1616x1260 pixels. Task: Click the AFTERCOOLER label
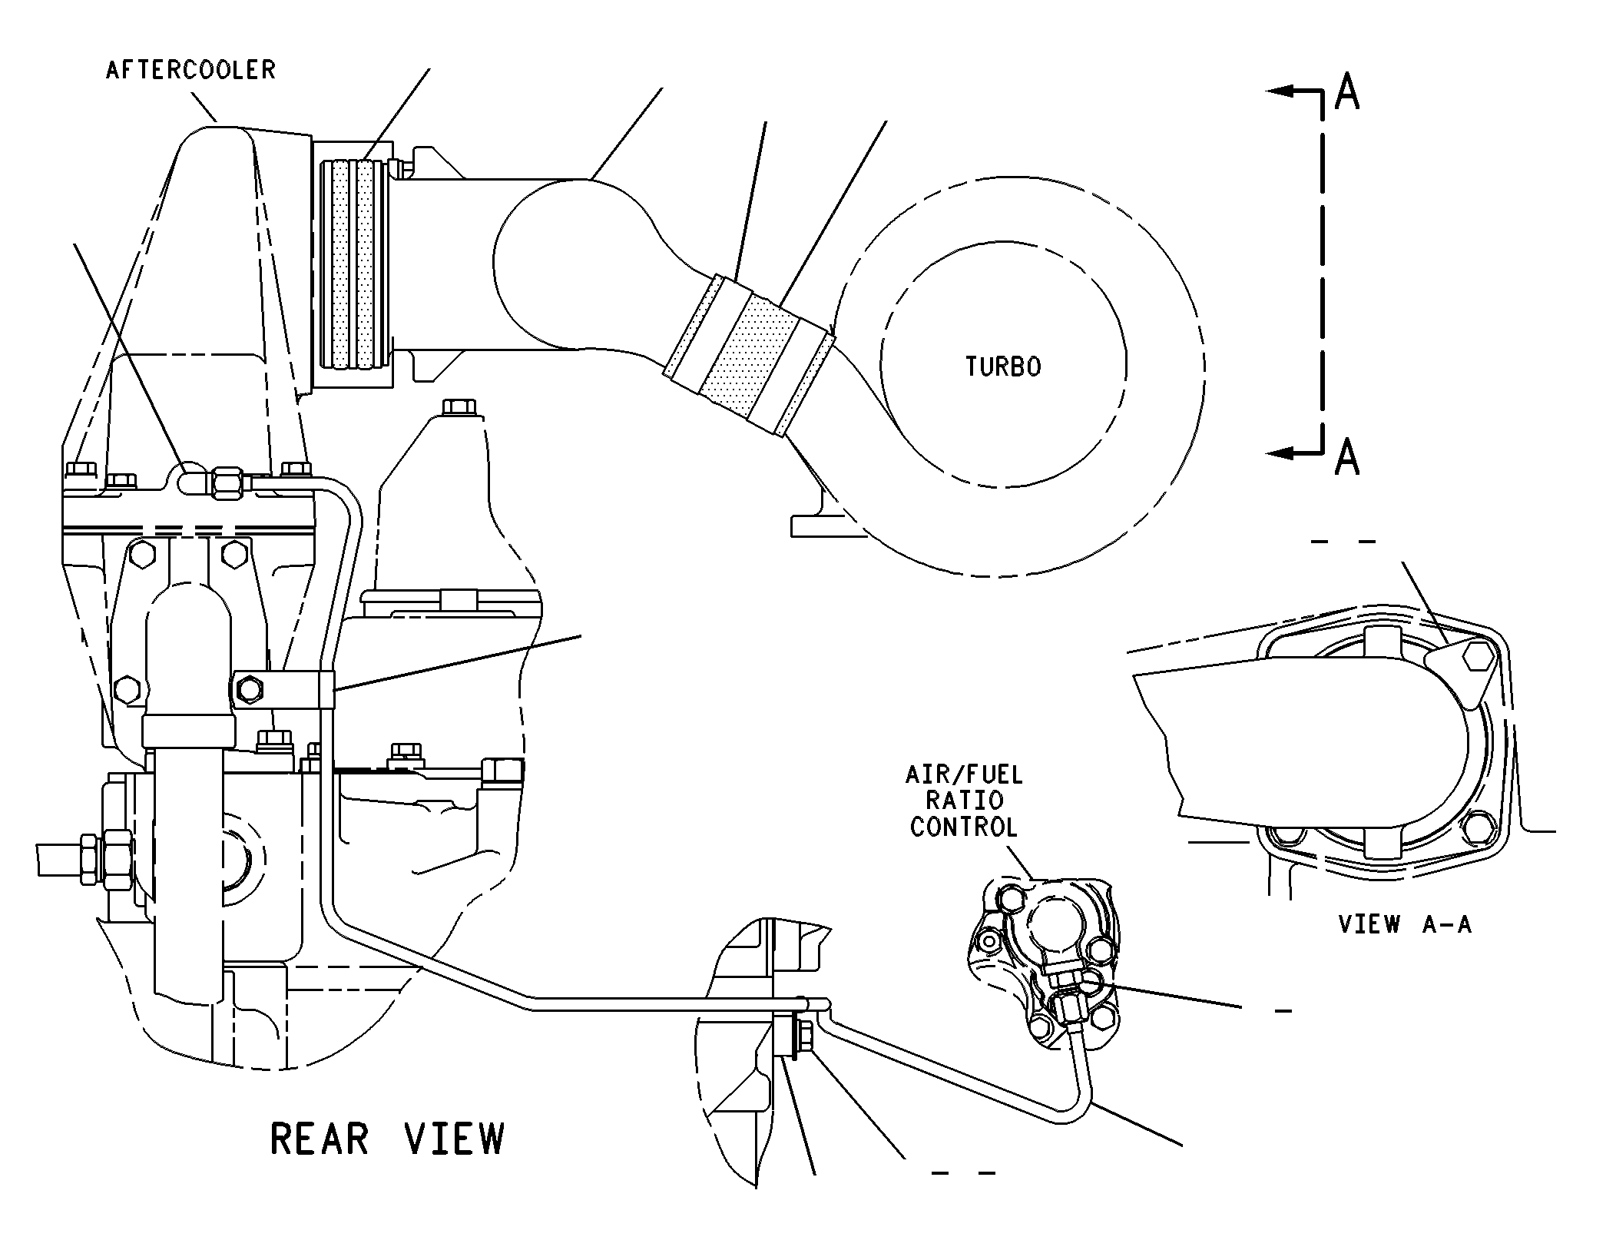[x=190, y=70]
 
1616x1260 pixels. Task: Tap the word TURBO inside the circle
[x=1003, y=366]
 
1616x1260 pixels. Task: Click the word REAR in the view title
[x=320, y=1139]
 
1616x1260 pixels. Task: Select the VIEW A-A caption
[x=1405, y=923]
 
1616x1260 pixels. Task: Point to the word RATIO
[x=964, y=800]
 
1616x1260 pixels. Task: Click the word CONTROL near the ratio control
[x=964, y=827]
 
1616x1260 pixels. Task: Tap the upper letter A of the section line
[x=1347, y=91]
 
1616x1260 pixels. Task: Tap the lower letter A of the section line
[x=1347, y=456]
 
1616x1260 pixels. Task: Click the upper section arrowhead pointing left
[x=1280, y=91]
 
